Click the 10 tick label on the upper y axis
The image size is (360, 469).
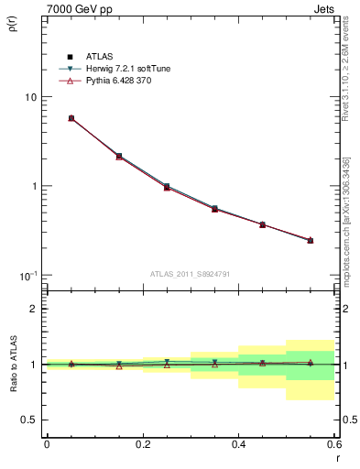coord(29,97)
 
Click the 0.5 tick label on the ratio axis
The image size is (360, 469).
coord(27,420)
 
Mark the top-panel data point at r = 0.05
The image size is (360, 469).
coord(71,118)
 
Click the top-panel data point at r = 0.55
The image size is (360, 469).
coord(310,240)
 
